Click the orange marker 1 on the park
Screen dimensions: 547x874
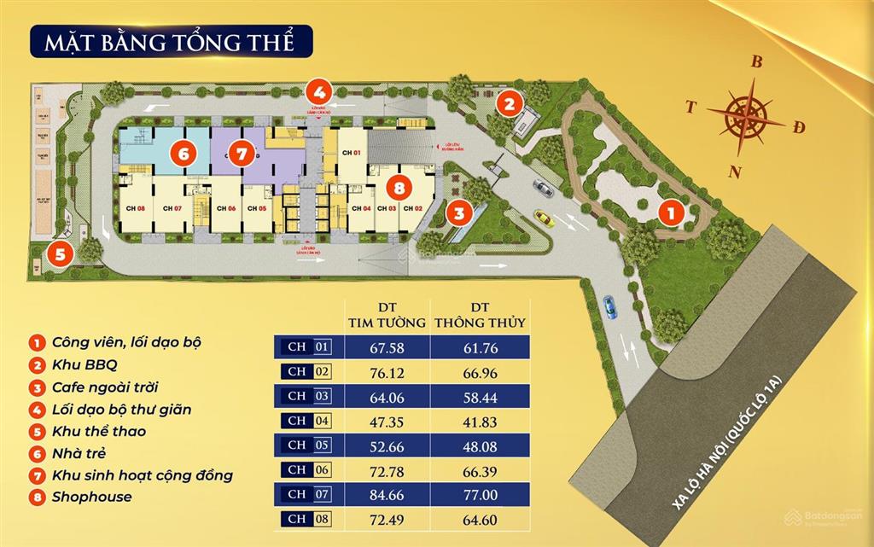671,212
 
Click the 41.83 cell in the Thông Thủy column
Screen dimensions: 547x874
479,421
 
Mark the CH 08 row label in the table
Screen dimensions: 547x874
307,518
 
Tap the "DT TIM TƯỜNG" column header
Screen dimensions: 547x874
386,315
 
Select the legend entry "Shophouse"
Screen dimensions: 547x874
92,497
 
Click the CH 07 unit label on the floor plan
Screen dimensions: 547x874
172,209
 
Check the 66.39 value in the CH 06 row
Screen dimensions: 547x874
479,469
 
